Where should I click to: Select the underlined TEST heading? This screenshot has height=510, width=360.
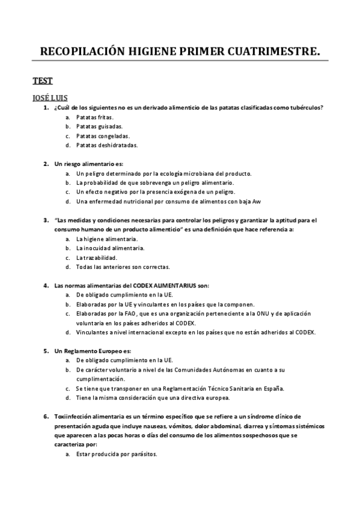[x=43, y=81]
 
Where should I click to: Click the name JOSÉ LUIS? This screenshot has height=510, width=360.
[x=50, y=97]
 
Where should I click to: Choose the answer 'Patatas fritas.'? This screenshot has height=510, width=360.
[x=95, y=117]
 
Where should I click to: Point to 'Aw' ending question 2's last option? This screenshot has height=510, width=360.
[x=263, y=201]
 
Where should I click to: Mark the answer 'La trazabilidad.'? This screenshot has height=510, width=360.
[x=96, y=257]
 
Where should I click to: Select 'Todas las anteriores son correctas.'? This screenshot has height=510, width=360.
[x=123, y=266]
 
